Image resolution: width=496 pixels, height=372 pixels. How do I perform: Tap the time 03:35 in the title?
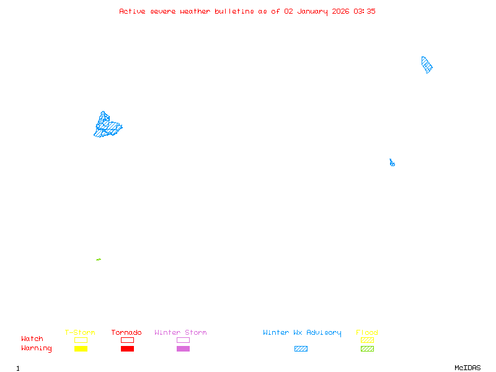click(365, 11)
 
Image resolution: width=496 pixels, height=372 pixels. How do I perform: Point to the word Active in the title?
click(133, 11)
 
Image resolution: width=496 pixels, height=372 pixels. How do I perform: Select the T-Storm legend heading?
click(80, 333)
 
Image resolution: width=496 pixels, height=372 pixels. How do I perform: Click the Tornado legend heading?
click(126, 333)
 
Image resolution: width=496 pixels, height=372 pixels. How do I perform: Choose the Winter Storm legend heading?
click(180, 333)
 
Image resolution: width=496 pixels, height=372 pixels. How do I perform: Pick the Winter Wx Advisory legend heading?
click(302, 333)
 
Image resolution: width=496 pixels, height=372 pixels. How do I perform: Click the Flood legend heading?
click(367, 333)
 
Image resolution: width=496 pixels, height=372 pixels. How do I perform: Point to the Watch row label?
click(32, 339)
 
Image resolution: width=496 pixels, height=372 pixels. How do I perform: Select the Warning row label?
click(37, 348)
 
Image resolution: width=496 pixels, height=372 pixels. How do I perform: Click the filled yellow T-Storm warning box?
click(81, 349)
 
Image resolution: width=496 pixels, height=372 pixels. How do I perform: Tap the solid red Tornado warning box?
click(127, 349)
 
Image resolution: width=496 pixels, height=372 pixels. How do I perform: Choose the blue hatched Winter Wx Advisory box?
click(301, 349)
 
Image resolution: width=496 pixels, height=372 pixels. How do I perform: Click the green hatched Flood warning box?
click(367, 349)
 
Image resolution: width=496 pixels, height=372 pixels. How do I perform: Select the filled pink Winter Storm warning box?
click(183, 349)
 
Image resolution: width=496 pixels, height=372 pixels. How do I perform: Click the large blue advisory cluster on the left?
click(107, 125)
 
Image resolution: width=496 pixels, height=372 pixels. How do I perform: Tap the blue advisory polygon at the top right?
click(427, 64)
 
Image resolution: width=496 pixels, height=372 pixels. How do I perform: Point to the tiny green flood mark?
click(99, 259)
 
